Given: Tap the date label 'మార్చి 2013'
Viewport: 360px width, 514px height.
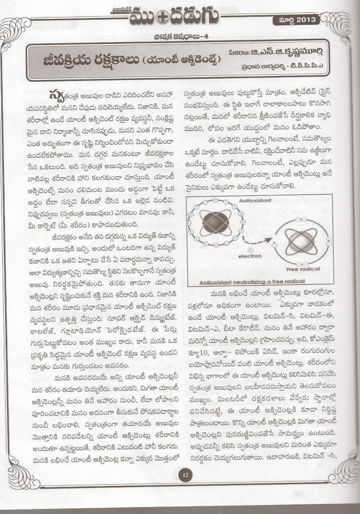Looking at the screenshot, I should (295, 20).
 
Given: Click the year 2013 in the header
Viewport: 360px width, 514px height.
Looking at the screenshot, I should (307, 20).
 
